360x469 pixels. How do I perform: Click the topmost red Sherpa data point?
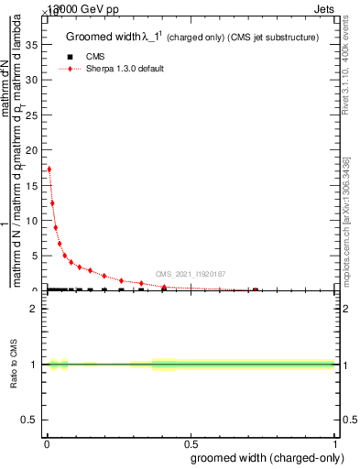pos(49,169)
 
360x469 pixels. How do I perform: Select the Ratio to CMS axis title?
pos(15,365)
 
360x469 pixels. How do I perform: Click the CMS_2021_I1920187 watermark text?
pos(190,274)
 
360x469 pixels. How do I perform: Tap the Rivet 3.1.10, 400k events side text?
pos(351,72)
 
